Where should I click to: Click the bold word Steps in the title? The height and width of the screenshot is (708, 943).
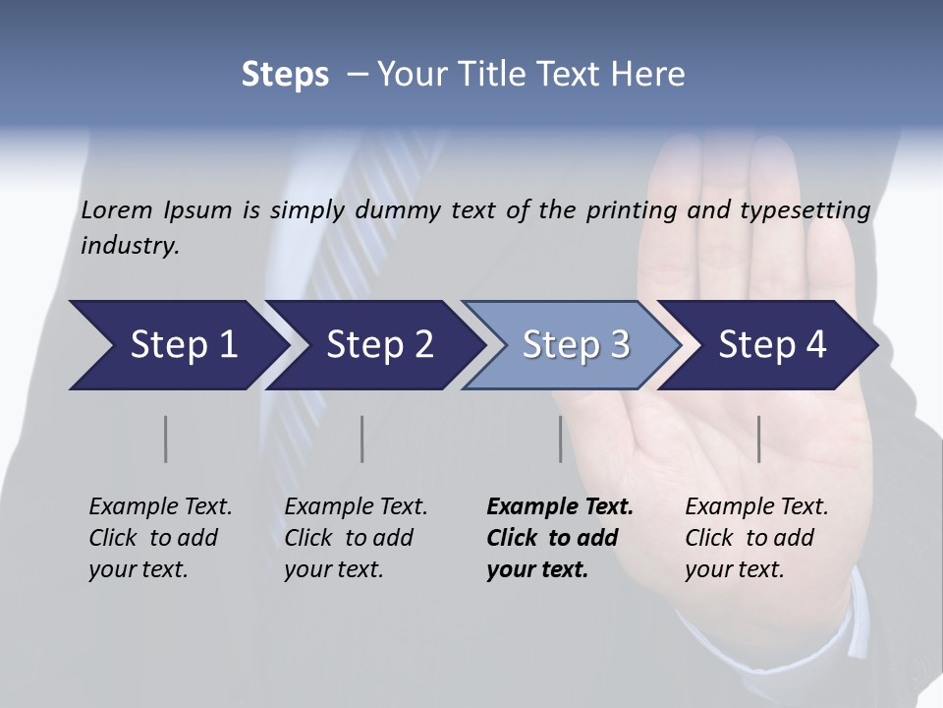pyautogui.click(x=285, y=75)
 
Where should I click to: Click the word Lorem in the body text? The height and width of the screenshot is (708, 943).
pyautogui.click(x=117, y=209)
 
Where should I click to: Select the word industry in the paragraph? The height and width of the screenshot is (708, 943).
pyautogui.click(x=130, y=246)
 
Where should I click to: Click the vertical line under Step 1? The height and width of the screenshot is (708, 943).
pyautogui.click(x=166, y=439)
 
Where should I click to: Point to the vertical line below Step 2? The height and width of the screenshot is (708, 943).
pyautogui.click(x=362, y=439)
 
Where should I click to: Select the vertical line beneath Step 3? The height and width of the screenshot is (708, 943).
pyautogui.click(x=561, y=439)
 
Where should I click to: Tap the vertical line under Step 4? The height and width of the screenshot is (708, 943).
pyautogui.click(x=759, y=439)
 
